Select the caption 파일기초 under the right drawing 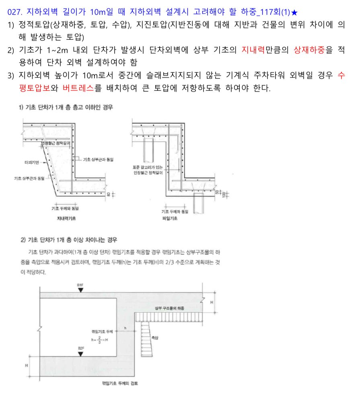click(x=170, y=218)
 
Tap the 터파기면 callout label click(x=31, y=162)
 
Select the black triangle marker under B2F click(x=80, y=354)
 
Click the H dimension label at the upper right click(x=212, y=303)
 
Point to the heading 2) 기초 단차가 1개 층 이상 click(x=69, y=240)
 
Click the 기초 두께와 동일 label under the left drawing click(x=65, y=208)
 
